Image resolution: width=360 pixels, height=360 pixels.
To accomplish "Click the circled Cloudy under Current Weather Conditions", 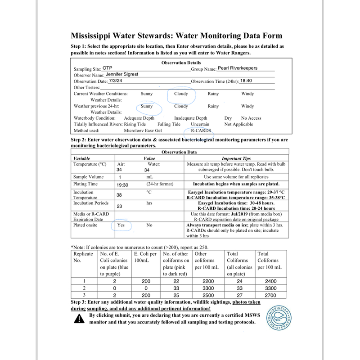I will click(x=181, y=94).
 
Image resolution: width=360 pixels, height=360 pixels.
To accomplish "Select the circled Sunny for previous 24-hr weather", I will click(x=147, y=107).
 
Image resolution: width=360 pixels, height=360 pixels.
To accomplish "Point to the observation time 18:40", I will click(x=247, y=81).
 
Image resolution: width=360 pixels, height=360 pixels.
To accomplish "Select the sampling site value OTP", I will click(x=95, y=68).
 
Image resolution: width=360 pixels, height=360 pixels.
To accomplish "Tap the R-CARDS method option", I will click(x=201, y=131).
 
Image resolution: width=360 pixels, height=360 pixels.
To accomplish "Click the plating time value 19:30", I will click(x=123, y=184).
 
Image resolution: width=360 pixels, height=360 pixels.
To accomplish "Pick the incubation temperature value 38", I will click(x=120, y=195).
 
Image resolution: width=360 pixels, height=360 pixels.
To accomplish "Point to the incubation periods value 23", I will click(x=120, y=206).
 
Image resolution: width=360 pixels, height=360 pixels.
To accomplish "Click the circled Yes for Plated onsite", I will click(x=121, y=225).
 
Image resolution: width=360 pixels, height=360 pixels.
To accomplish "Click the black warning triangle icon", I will click(x=79, y=319).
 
